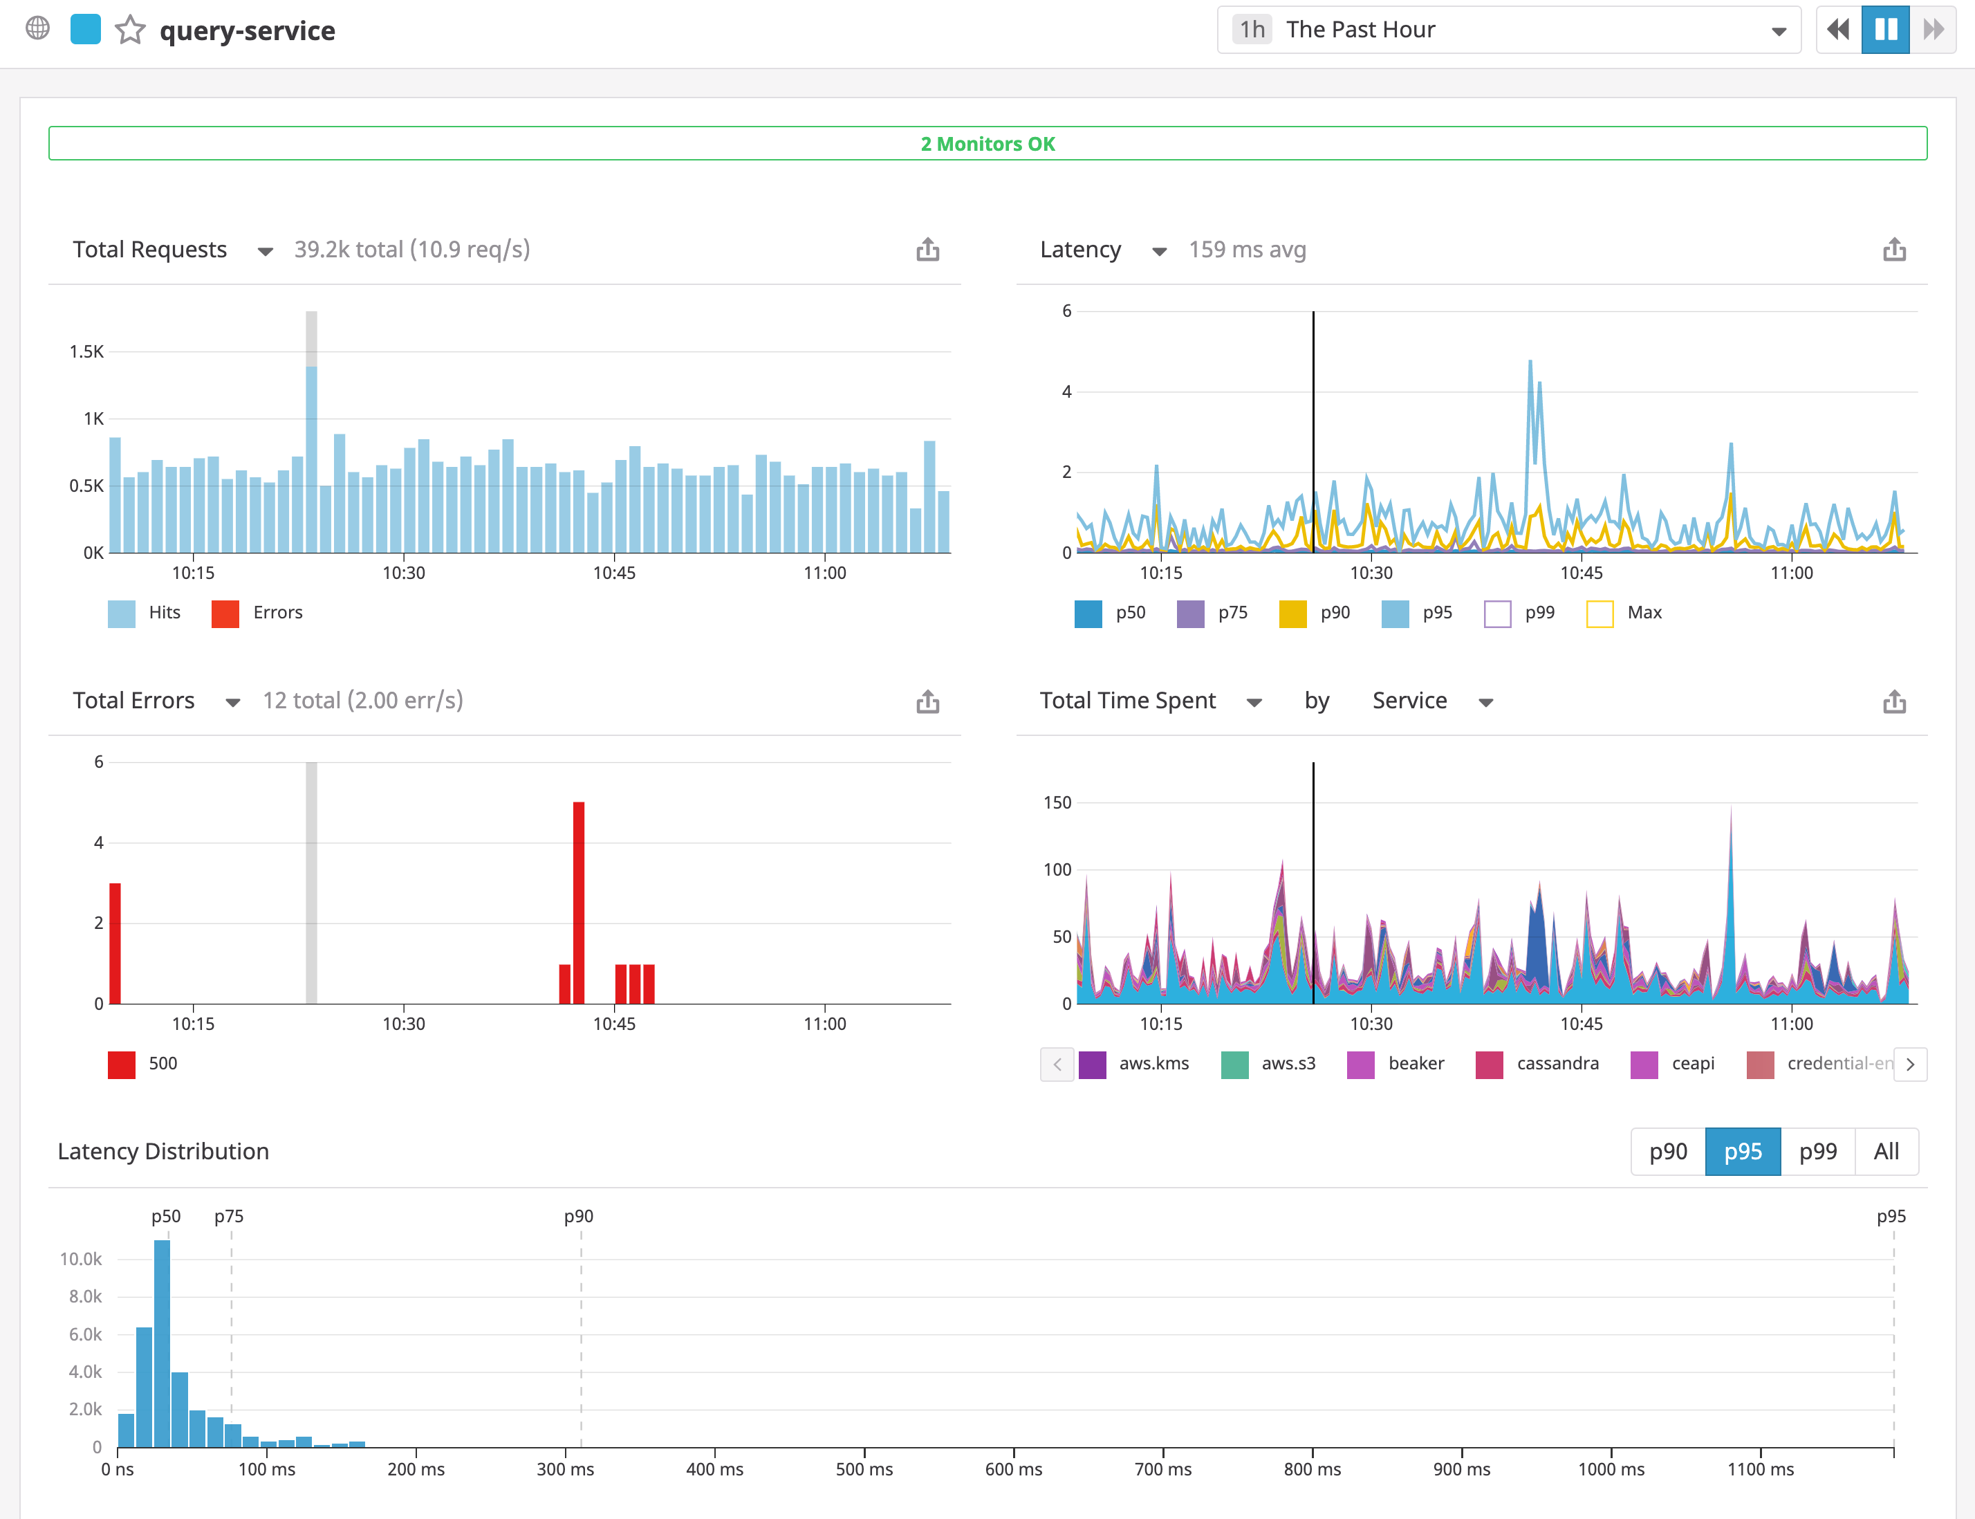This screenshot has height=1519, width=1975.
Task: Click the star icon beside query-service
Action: coord(130,30)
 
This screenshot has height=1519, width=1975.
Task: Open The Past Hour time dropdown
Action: coord(1508,30)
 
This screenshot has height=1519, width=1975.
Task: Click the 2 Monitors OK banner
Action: coord(987,144)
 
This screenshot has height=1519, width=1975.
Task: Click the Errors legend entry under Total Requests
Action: coord(258,613)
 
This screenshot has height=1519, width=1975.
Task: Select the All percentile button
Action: coord(1886,1151)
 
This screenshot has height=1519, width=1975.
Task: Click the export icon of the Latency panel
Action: coord(1893,250)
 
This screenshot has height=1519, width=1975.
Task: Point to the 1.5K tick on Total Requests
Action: coord(86,351)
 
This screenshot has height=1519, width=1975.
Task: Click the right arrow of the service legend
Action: coord(1910,1065)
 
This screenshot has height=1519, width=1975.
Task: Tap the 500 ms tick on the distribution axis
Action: coord(864,1469)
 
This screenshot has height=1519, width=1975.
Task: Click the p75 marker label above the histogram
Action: coord(229,1216)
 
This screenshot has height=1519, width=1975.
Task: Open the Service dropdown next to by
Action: coord(1431,701)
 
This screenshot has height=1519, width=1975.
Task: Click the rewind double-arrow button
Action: coord(1837,30)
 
